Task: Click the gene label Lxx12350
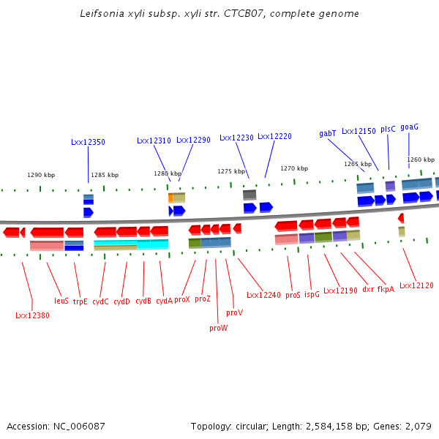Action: (88, 142)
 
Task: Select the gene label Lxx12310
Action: (154, 140)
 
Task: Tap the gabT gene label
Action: (328, 133)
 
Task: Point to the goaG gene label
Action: (410, 127)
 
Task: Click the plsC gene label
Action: (388, 129)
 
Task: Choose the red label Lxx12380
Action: (32, 316)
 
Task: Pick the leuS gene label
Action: (61, 301)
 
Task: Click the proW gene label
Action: (218, 329)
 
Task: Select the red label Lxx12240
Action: (263, 296)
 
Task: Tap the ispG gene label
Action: (312, 295)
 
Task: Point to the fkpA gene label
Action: (386, 289)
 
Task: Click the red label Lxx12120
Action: (416, 285)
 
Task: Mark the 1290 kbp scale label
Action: (41, 176)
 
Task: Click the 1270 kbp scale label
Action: (294, 168)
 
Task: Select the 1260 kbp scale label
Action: (421, 160)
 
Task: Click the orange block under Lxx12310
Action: (170, 198)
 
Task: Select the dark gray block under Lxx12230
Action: (249, 195)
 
